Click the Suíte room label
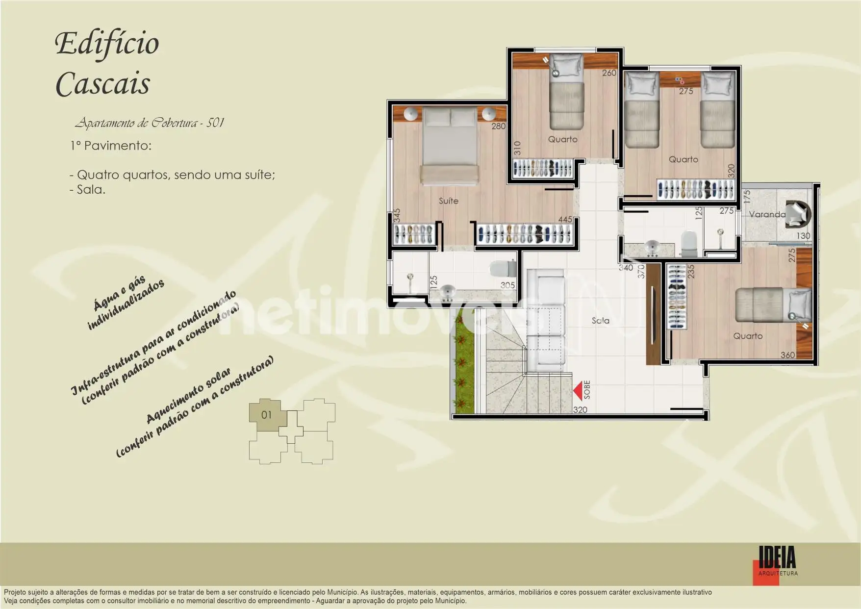click(x=449, y=201)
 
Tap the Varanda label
click(x=767, y=214)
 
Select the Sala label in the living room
click(x=600, y=321)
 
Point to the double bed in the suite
click(x=450, y=146)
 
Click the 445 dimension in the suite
click(x=565, y=220)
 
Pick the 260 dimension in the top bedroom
click(x=609, y=73)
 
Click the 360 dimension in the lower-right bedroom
click(x=787, y=355)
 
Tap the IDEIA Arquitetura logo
click(x=777, y=565)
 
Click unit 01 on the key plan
click(x=266, y=415)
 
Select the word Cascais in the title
click(x=102, y=84)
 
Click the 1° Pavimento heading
click(x=111, y=146)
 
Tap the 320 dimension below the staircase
click(x=580, y=410)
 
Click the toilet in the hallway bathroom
click(x=689, y=244)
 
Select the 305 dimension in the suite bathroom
click(x=507, y=285)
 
